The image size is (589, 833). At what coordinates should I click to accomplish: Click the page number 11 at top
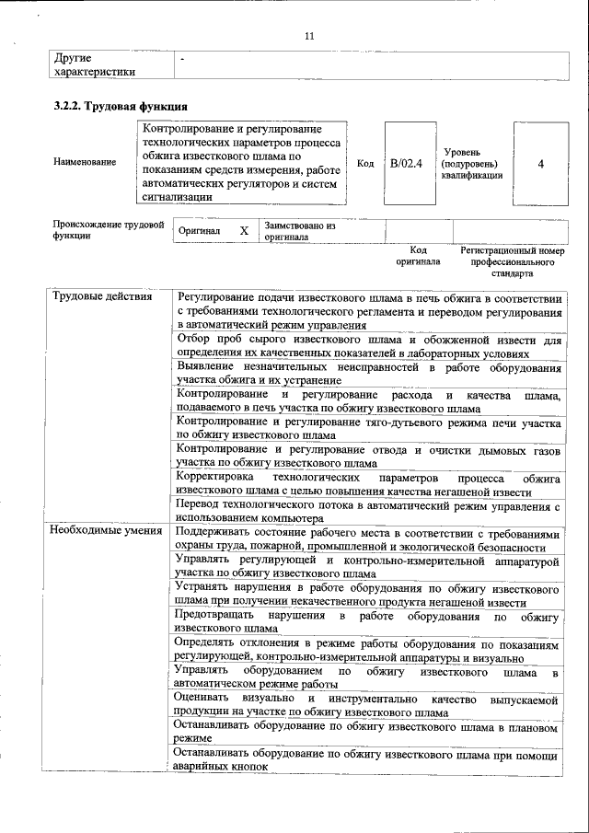(309, 37)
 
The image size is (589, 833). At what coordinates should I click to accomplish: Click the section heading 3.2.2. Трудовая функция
(115, 106)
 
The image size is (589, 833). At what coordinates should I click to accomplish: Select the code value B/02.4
(406, 163)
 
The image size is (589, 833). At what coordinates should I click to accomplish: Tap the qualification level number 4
(540, 163)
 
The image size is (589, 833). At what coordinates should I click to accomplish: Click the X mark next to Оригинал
(244, 230)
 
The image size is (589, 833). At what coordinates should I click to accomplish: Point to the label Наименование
(85, 163)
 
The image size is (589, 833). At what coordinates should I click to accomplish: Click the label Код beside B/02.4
(364, 163)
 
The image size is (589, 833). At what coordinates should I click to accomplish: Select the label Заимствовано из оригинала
(299, 230)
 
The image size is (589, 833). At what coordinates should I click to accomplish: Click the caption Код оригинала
(419, 255)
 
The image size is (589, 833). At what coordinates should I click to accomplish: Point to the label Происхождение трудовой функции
(108, 229)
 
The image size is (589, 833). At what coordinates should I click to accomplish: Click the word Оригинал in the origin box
(200, 230)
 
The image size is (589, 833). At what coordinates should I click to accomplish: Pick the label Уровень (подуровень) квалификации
(471, 163)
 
